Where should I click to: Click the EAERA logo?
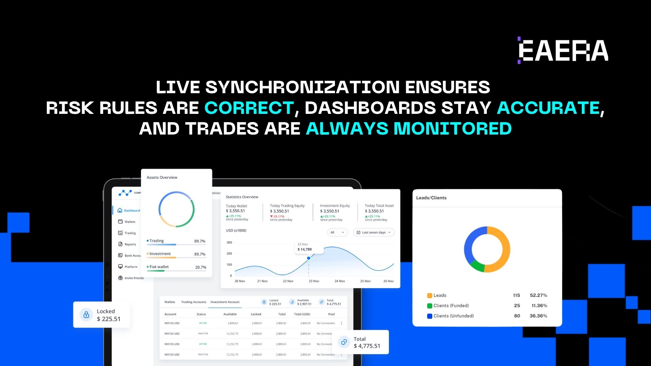563,50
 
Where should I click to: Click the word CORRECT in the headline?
249,108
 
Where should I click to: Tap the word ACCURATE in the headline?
548,108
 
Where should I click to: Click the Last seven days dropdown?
374,232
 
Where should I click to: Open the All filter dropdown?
337,232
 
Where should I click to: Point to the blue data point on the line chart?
309,258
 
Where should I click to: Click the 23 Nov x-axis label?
314,281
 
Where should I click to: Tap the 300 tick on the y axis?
229,243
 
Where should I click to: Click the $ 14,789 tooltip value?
304,249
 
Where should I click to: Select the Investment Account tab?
225,302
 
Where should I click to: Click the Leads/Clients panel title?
431,198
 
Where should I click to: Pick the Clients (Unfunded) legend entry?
453,316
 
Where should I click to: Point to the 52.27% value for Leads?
538,296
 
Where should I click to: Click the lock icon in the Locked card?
86,315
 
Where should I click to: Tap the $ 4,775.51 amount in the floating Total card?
367,346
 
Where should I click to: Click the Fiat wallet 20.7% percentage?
201,267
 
